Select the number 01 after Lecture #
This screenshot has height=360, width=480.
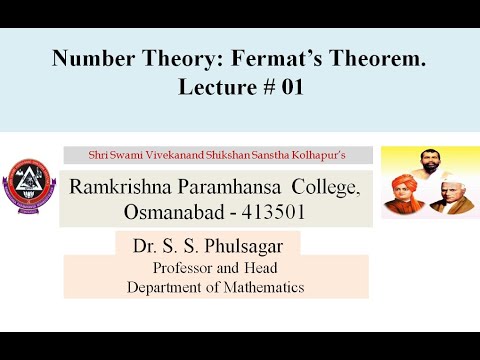click(287, 87)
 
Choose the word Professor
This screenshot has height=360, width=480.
click(189, 268)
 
